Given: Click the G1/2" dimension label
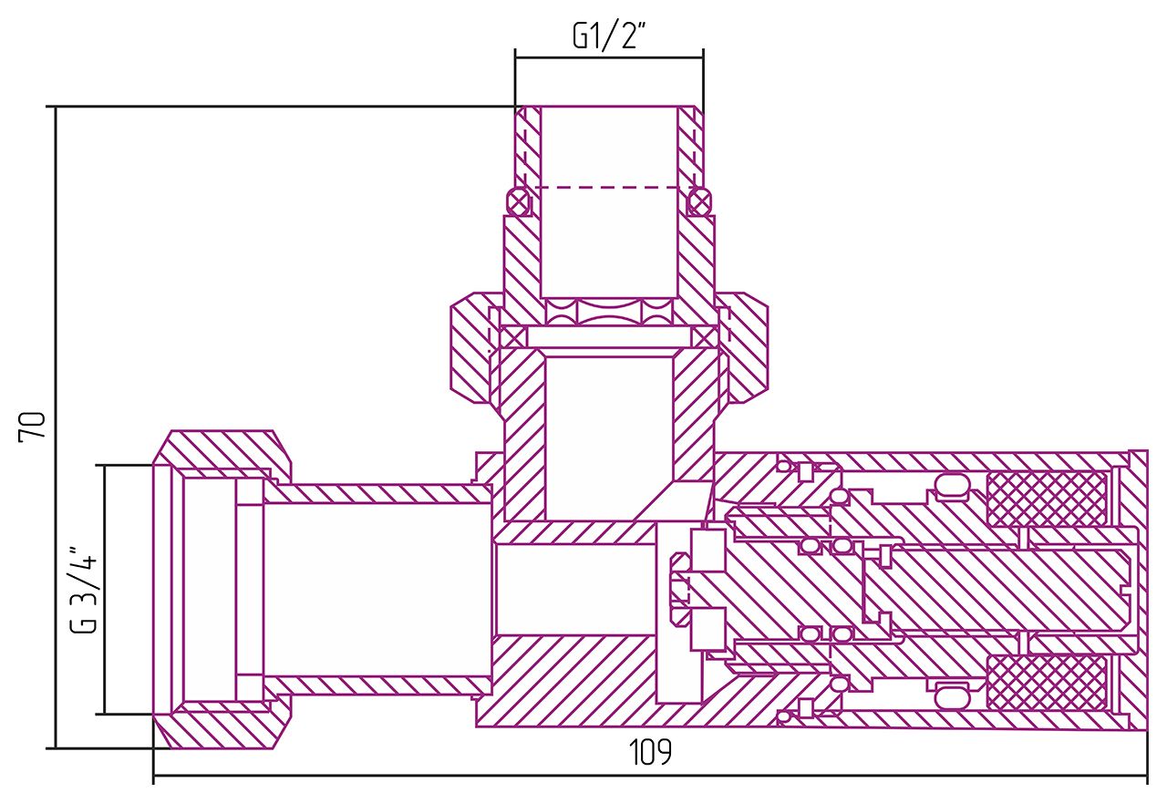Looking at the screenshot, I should tap(609, 36).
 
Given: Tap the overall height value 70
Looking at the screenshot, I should tap(33, 427).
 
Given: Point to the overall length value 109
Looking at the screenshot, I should tap(650, 754).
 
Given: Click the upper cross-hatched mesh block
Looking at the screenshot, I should tap(1047, 499).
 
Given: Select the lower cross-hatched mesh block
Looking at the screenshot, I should tap(1047, 683).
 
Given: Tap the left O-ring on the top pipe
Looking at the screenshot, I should tap(519, 201).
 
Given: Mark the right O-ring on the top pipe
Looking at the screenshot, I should tap(699, 201).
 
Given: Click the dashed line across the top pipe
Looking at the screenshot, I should tap(609, 188).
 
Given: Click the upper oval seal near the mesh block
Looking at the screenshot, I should tap(952, 486).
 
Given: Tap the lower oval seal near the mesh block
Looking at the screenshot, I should tap(952, 696).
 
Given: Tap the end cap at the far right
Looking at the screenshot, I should tap(1138, 590).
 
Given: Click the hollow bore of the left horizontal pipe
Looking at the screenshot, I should tap(374, 590).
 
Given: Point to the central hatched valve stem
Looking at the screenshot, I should tap(994, 590).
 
